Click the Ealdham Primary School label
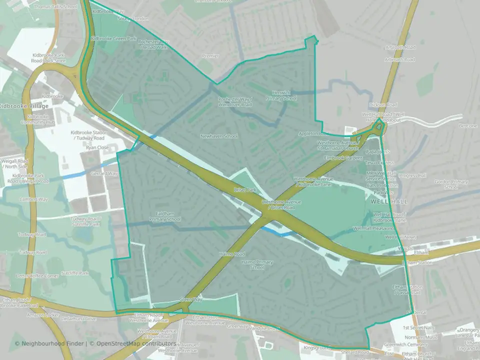[x=164, y=216]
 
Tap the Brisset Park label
[x=244, y=190]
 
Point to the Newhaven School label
[x=219, y=136]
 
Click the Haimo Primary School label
[x=257, y=264]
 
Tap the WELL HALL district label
[x=390, y=201]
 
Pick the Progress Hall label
[x=412, y=175]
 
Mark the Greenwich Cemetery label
[x=408, y=343]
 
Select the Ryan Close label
[x=97, y=148]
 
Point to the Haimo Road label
[x=231, y=254]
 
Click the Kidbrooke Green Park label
[x=106, y=38]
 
